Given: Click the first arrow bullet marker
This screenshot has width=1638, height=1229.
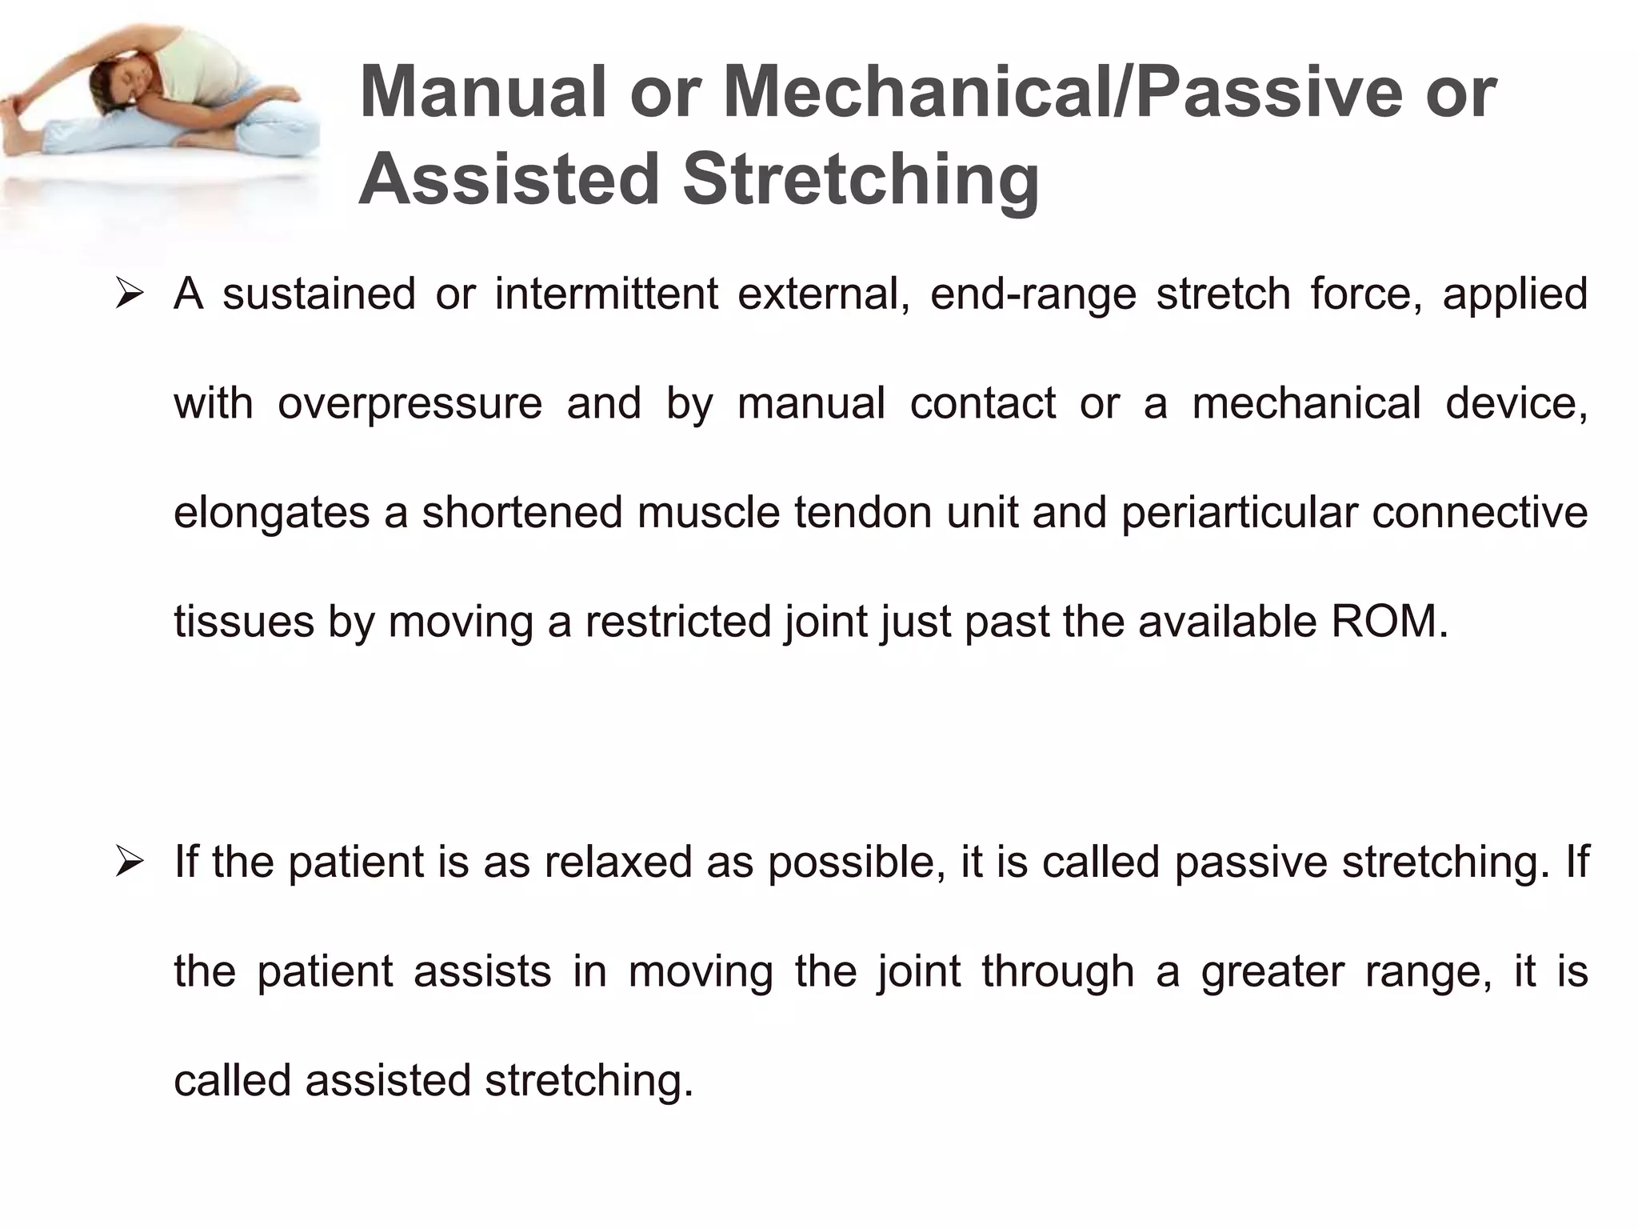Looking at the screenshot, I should pyautogui.click(x=129, y=294).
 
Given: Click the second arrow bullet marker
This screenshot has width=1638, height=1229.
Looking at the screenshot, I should pyautogui.click(x=129, y=863).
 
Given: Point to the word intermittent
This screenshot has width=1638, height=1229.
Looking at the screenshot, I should pyautogui.click(x=606, y=294).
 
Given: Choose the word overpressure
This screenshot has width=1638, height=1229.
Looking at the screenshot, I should pyautogui.click(x=409, y=402).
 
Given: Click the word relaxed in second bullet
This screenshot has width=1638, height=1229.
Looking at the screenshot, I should pyautogui.click(x=618, y=863).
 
